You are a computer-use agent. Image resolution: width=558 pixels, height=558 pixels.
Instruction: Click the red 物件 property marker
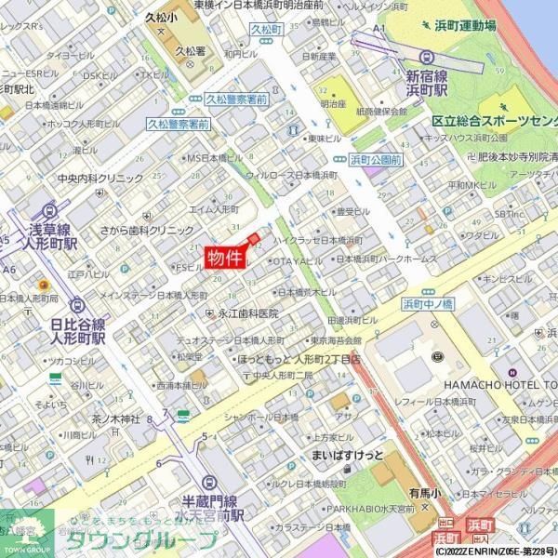coord(225,258)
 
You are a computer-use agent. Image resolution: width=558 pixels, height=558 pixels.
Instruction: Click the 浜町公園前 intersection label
coord(375,160)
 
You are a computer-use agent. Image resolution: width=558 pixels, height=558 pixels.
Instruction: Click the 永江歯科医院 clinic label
coord(248,313)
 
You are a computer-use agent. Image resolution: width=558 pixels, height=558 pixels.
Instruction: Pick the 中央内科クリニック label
coord(100,178)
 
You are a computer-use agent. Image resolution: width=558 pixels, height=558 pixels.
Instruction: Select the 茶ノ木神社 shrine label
coord(115,418)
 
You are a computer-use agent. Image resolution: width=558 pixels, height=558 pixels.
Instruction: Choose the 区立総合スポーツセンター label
coord(494,121)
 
